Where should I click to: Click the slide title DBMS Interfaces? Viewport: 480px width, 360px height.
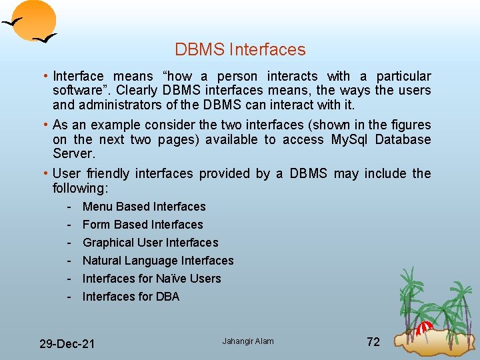click(x=240, y=50)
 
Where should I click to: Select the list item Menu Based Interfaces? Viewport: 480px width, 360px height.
click(x=144, y=207)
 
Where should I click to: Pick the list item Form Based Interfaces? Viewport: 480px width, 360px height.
click(x=143, y=225)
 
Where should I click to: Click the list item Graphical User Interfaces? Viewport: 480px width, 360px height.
click(x=150, y=243)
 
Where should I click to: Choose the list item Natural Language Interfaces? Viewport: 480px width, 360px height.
click(x=158, y=261)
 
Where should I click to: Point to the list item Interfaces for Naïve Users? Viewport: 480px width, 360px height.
click(x=151, y=279)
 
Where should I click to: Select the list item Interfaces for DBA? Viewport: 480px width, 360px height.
click(x=131, y=297)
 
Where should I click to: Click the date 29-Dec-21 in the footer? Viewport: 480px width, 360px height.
click(x=67, y=344)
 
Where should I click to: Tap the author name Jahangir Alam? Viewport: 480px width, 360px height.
click(x=248, y=341)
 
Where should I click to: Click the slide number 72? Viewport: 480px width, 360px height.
click(x=373, y=342)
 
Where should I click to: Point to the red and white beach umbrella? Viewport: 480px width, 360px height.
click(x=425, y=327)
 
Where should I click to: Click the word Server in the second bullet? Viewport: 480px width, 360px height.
click(x=73, y=154)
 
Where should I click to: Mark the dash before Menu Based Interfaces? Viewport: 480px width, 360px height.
click(x=69, y=207)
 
